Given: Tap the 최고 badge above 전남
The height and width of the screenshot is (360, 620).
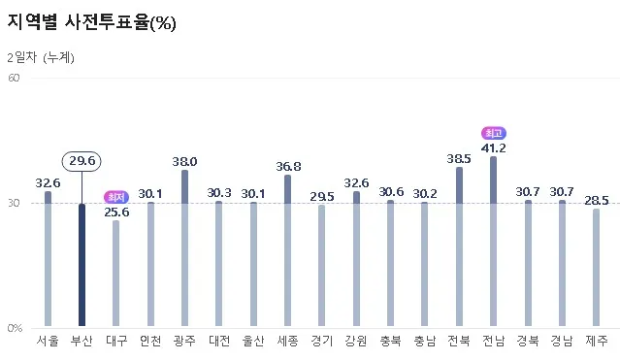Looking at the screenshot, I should (x=493, y=133).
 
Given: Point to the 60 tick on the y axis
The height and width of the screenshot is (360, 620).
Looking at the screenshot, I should (x=15, y=78).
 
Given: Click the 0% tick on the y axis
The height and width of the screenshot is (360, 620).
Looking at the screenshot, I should (x=15, y=328).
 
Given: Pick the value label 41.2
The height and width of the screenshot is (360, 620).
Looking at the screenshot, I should (x=493, y=148).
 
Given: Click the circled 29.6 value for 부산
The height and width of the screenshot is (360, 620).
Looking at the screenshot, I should (x=82, y=161).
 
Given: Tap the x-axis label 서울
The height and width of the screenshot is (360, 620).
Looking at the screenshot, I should (x=48, y=342).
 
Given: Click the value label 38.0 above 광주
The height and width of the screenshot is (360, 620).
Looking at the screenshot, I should (x=184, y=162).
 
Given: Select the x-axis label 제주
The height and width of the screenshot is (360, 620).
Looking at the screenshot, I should (x=597, y=342).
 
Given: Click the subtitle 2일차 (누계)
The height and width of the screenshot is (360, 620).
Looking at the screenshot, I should (x=41, y=57).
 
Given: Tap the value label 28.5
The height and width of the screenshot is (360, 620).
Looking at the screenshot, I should (x=597, y=201).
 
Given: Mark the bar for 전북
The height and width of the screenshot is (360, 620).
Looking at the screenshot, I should (x=459, y=246).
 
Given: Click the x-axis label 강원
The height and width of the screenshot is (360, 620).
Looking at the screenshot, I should (x=356, y=342).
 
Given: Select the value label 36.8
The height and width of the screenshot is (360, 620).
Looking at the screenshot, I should (x=287, y=167).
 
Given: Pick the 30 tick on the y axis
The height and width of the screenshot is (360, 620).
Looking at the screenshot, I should (x=15, y=203).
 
